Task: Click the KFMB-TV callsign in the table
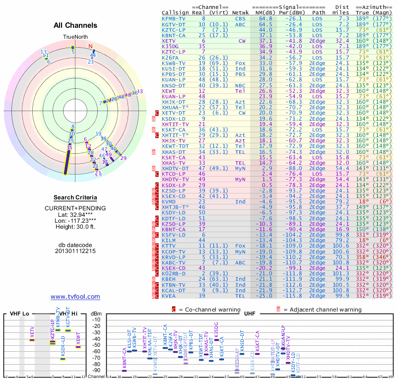[x=174, y=18]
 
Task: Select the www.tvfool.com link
[x=75, y=297]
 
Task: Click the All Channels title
[x=75, y=25]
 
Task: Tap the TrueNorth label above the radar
[x=75, y=37]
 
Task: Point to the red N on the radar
[x=90, y=47]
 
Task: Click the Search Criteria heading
[x=75, y=197]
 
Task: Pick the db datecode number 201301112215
[x=75, y=251]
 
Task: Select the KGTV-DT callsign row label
[x=174, y=24]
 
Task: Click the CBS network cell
[x=240, y=18]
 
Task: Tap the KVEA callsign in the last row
[x=169, y=296]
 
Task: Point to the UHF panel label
[x=250, y=314]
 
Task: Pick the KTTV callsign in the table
[x=169, y=246]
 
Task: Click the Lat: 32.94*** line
[x=75, y=214]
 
